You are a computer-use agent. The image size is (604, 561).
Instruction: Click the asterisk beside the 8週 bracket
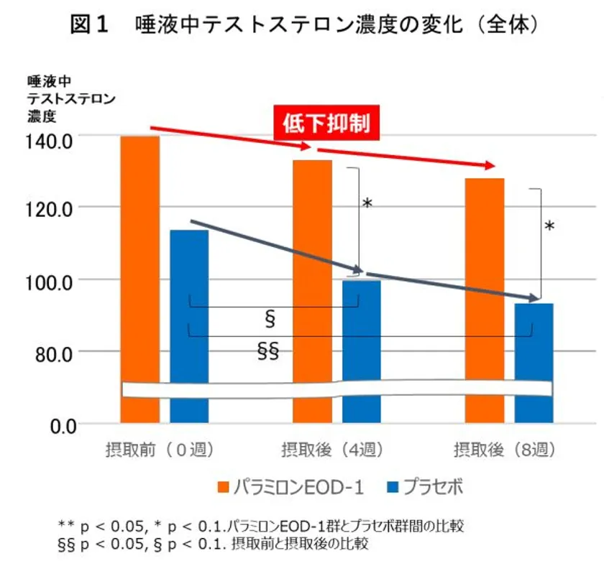(x=550, y=228)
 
